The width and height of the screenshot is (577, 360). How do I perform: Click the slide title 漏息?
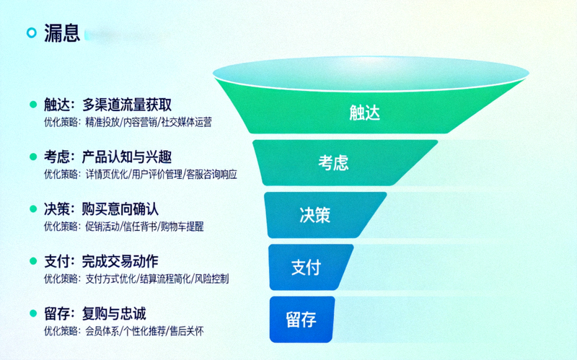[61, 33]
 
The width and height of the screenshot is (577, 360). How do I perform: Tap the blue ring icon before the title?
[31, 33]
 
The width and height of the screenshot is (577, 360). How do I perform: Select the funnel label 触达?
[364, 113]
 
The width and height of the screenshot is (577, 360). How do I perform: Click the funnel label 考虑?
[333, 162]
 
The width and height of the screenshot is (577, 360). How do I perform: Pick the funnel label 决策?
[315, 214]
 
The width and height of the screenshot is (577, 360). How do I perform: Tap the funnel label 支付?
[306, 266]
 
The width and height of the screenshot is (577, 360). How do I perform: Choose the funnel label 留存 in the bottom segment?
[301, 319]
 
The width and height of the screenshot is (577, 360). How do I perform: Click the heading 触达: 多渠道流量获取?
[107, 104]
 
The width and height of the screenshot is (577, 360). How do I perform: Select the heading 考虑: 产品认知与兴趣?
[107, 157]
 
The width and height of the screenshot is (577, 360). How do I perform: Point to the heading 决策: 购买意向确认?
[107, 208]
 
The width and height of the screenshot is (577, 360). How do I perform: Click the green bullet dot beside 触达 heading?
[32, 104]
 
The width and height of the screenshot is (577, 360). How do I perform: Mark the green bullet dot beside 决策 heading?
[32, 208]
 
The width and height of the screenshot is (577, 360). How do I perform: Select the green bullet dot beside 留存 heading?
[32, 314]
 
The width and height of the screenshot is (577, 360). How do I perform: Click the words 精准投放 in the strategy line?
[102, 122]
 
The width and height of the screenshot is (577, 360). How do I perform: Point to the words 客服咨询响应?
[211, 174]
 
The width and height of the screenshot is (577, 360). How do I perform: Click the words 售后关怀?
[187, 331]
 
